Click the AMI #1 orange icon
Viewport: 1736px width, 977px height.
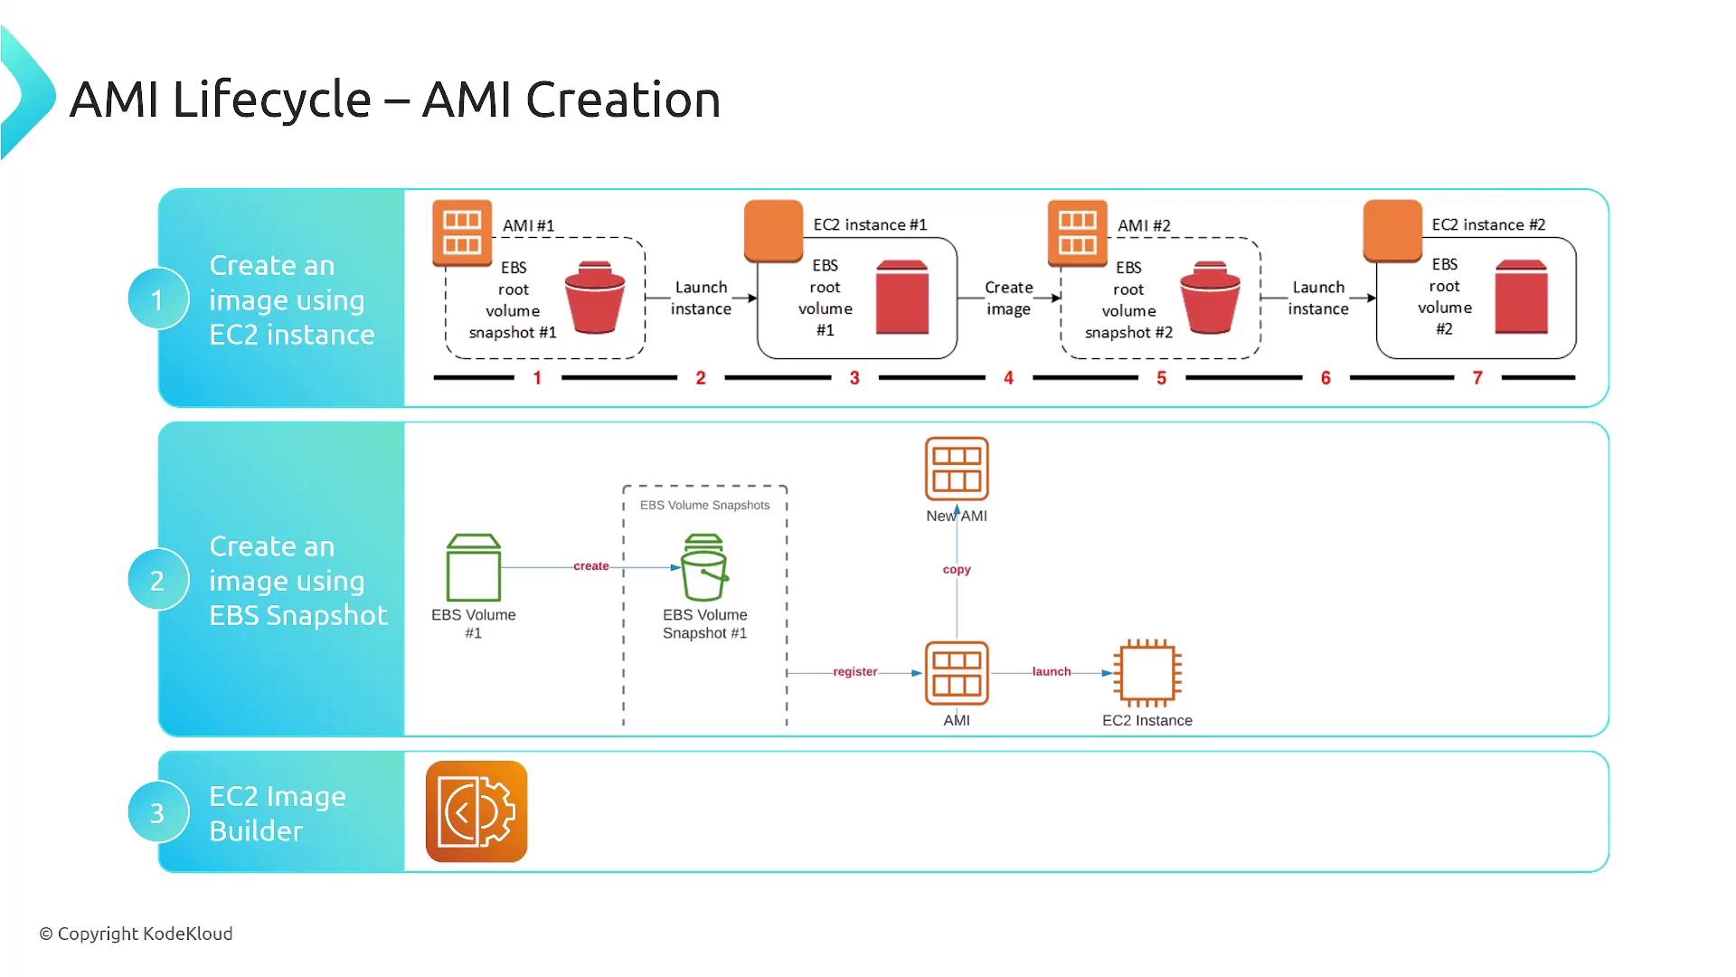(462, 232)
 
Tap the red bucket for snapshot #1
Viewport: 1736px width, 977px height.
(595, 298)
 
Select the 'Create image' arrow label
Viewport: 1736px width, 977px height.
(1008, 298)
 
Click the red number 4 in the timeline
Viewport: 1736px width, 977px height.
(1008, 378)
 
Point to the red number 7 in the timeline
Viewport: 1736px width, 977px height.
(1477, 378)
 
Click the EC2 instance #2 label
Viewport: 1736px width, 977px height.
(1488, 224)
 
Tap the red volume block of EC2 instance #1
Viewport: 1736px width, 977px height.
(902, 297)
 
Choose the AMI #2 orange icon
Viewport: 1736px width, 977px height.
(1078, 232)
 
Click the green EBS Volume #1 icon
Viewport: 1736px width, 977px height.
(474, 567)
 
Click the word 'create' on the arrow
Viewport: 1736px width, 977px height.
(591, 566)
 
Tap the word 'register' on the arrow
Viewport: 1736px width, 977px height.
(855, 672)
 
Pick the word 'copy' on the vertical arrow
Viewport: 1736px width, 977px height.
(957, 570)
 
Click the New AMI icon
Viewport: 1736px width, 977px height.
(957, 469)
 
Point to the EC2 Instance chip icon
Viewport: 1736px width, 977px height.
(1147, 673)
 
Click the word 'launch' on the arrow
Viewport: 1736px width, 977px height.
(1052, 672)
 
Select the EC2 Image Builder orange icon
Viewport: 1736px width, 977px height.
(476, 811)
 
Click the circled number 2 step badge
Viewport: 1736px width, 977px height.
(157, 580)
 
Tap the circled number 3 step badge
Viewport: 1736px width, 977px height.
(157, 812)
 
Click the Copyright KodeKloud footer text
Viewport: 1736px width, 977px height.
(136, 934)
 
